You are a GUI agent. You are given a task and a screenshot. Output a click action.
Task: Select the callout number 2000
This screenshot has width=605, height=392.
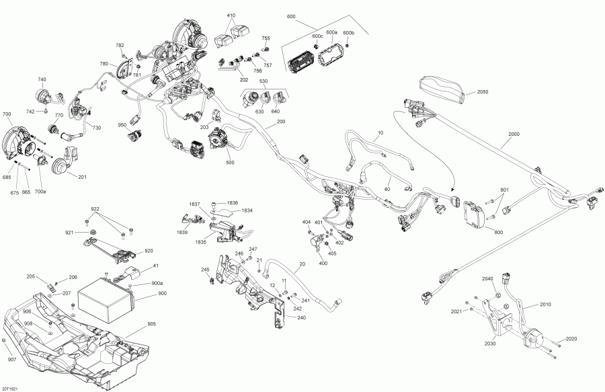point(514,134)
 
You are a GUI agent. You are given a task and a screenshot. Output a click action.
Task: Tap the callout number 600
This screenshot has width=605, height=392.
point(290,16)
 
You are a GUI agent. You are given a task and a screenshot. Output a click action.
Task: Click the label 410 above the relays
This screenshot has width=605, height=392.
point(231,15)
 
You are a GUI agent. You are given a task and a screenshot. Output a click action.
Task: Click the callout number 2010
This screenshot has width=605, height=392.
point(544,305)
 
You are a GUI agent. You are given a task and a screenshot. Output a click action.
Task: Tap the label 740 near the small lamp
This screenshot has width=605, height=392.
point(42,79)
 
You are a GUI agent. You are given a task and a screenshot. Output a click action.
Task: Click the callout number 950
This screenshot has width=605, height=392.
point(122,125)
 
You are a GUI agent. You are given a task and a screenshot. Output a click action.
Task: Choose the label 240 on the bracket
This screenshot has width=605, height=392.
point(300,317)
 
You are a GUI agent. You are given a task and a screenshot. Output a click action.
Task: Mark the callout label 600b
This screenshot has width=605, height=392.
point(348,33)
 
